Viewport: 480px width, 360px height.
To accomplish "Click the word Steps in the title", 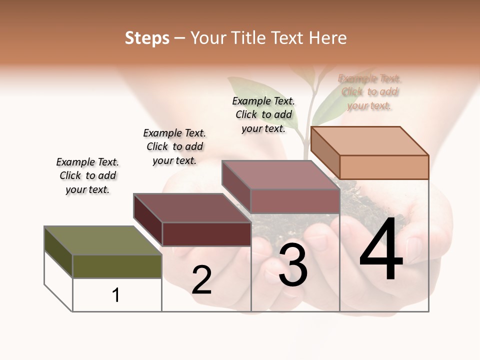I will (x=147, y=38).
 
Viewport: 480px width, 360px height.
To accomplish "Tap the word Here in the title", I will (x=328, y=38).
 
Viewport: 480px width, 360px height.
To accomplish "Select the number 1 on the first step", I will (x=116, y=295).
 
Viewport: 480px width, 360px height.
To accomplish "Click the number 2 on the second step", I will (x=201, y=280).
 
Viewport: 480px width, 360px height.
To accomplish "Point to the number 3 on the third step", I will (x=293, y=266).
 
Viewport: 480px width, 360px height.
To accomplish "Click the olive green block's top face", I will (x=103, y=240).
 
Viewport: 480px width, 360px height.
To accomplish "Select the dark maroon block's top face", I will (x=192, y=207).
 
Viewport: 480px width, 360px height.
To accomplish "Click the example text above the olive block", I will (x=87, y=175).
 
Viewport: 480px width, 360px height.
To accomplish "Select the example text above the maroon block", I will (x=174, y=146).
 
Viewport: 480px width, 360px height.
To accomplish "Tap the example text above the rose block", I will (x=263, y=114).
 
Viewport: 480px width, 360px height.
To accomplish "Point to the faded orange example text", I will (x=369, y=91).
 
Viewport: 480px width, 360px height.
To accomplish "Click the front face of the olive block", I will (x=117, y=266).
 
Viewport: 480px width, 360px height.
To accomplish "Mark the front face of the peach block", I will (x=384, y=167).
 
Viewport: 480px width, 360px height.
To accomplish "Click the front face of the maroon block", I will (x=206, y=234).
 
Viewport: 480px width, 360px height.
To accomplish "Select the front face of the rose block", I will (x=295, y=201).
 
